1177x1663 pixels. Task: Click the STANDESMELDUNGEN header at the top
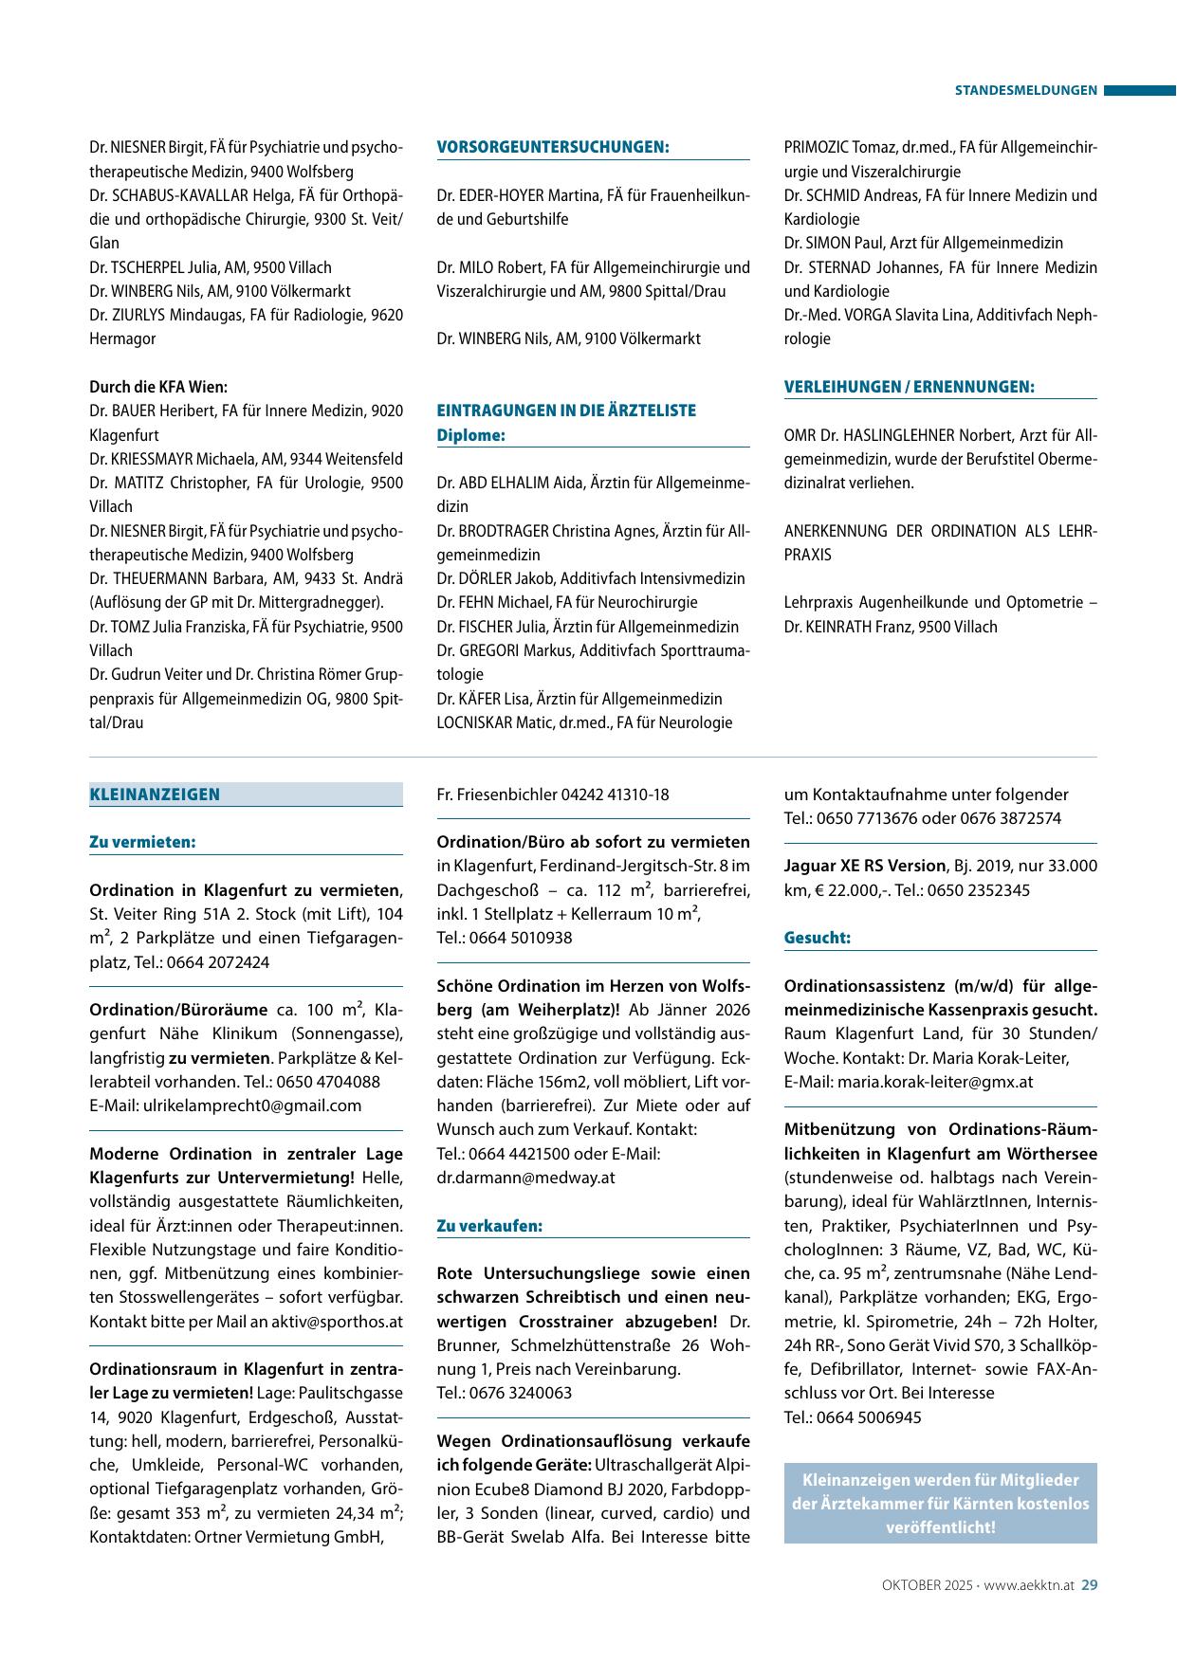tap(1025, 91)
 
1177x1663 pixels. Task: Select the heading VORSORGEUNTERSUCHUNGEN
tap(553, 147)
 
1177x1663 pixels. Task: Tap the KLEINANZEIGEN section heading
tap(155, 795)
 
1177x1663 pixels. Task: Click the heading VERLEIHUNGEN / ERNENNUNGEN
tap(909, 387)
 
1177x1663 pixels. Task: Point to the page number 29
tap(1090, 1584)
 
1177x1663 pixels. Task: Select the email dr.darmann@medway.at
tap(525, 1178)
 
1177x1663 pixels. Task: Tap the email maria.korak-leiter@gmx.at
tap(934, 1082)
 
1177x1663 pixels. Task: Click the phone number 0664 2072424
tap(217, 962)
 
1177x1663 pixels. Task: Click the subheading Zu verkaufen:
tap(489, 1226)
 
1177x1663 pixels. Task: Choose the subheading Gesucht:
tap(817, 938)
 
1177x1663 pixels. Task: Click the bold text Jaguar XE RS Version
tap(865, 866)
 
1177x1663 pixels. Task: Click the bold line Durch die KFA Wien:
tap(158, 387)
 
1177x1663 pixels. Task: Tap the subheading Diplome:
tap(470, 435)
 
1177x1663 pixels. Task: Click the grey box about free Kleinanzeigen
tap(940, 1504)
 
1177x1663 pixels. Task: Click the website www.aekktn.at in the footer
tap(1031, 1584)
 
